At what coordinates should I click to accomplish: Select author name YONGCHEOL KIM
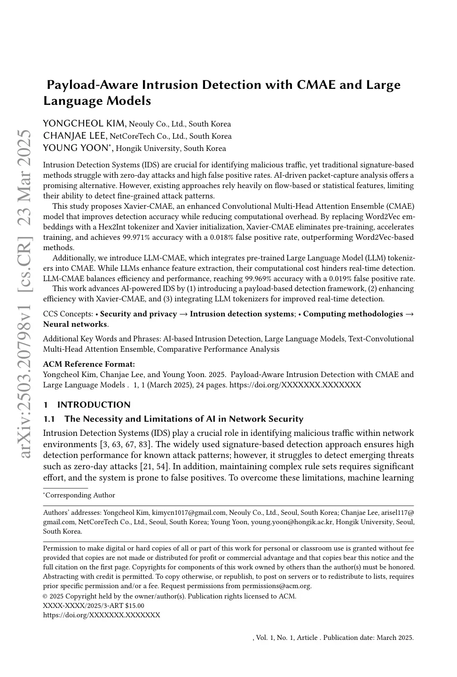[x=84, y=124]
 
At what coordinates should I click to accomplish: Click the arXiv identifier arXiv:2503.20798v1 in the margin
[x=24, y=380]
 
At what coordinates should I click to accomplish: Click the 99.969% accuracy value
[x=255, y=279]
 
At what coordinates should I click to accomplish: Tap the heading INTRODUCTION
[x=94, y=405]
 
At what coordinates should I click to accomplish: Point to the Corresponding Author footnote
[x=80, y=495]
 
